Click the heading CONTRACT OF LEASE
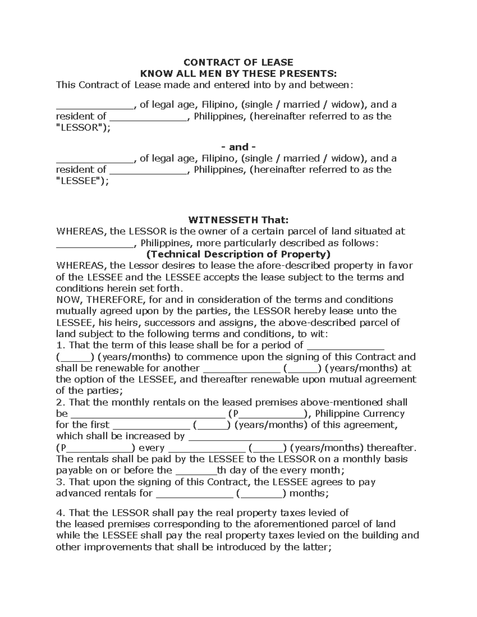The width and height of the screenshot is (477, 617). click(x=238, y=62)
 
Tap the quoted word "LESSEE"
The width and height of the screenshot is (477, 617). click(x=80, y=181)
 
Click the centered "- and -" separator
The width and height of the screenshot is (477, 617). click(x=238, y=147)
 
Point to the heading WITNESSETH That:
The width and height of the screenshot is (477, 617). click(x=238, y=220)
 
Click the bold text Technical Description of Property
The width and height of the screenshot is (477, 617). click(x=238, y=254)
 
